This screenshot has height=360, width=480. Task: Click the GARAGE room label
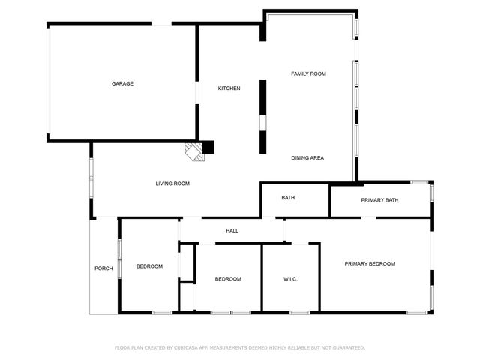(x=123, y=83)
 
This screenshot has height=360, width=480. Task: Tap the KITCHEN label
(x=229, y=88)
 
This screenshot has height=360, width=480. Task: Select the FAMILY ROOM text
(x=308, y=73)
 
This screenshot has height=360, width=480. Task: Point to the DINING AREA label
(x=307, y=158)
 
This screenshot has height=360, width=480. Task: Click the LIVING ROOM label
(x=172, y=184)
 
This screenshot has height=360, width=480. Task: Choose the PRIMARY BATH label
(x=379, y=200)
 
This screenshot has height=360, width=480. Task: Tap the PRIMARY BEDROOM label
(x=370, y=263)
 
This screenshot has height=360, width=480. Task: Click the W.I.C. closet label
(x=290, y=279)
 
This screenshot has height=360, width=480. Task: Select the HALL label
(x=232, y=230)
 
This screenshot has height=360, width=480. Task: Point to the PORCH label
(x=103, y=268)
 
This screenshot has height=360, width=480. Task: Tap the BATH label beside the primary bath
(x=288, y=198)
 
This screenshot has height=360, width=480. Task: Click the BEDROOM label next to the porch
(x=149, y=266)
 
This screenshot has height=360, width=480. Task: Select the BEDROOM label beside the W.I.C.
(x=228, y=279)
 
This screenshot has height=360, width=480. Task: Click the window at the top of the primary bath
(x=418, y=182)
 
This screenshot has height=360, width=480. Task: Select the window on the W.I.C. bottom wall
(x=299, y=312)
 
